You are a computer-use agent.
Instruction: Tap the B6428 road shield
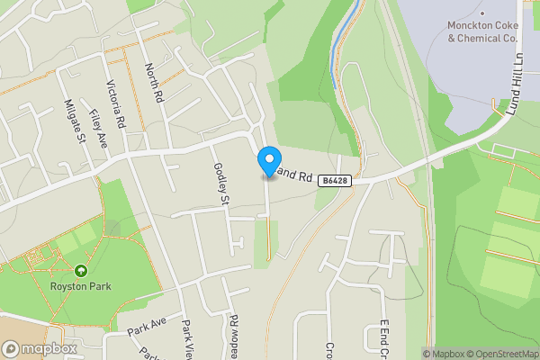tap(334, 181)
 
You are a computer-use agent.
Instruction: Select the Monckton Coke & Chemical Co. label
tap(483, 32)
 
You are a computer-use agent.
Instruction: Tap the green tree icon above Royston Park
tap(81, 270)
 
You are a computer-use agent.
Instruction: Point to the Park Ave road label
tap(148, 326)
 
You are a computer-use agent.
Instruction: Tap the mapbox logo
tap(39, 348)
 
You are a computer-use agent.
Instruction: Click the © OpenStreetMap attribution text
tap(500, 354)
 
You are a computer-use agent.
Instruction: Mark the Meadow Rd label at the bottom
tap(232, 335)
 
